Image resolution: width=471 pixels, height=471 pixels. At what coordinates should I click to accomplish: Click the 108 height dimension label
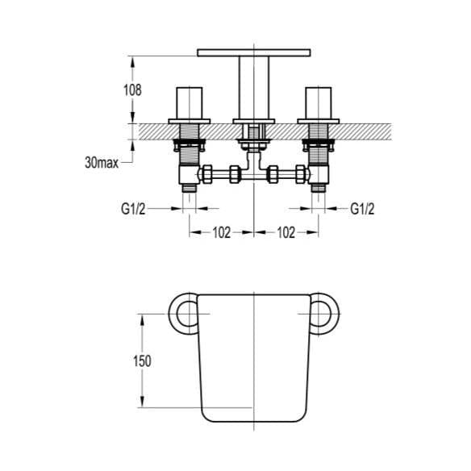pyautogui.click(x=133, y=90)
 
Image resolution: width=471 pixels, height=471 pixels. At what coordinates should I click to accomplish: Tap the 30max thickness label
pyautogui.click(x=102, y=162)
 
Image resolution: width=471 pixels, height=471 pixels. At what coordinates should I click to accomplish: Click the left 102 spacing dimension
pyautogui.click(x=222, y=232)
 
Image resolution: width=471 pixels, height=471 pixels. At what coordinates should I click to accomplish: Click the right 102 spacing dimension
pyautogui.click(x=286, y=232)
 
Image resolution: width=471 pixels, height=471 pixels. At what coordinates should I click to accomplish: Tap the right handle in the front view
pyautogui.click(x=319, y=102)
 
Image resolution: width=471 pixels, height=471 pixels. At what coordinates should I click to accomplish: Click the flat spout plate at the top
pyautogui.click(x=254, y=52)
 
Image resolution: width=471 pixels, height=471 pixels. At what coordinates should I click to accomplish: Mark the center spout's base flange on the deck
pyautogui.click(x=254, y=121)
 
